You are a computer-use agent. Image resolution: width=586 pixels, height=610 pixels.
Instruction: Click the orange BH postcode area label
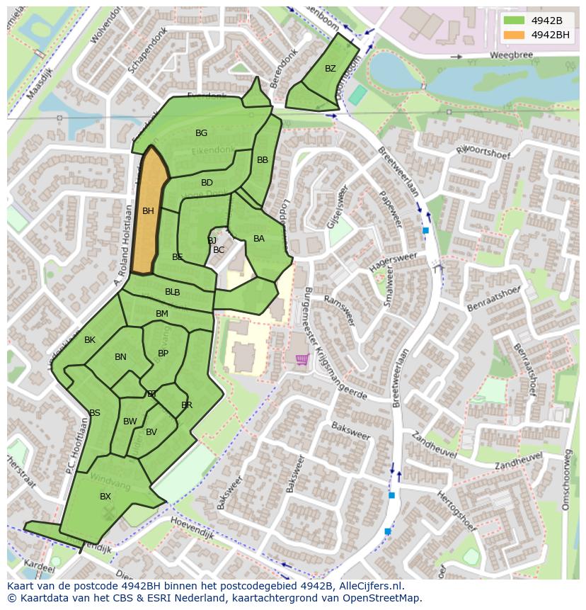click(x=148, y=211)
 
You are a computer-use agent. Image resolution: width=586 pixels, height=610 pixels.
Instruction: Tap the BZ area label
click(x=331, y=69)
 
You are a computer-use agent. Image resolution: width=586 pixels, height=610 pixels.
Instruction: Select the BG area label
click(x=202, y=133)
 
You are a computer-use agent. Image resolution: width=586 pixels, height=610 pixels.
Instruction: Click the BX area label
click(x=105, y=497)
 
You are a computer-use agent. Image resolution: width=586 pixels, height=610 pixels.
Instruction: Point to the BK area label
click(x=90, y=340)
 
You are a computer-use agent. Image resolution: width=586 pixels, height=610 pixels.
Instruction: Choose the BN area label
click(x=120, y=357)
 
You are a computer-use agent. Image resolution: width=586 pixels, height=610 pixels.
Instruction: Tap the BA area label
click(x=259, y=239)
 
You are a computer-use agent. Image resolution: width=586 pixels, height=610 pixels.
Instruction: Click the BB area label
click(x=263, y=160)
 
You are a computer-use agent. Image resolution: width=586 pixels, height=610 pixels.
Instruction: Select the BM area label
click(x=162, y=314)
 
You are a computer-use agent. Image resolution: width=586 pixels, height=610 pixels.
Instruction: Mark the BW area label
click(x=130, y=422)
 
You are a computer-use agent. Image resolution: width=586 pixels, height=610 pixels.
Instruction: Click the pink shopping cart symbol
click(x=302, y=360)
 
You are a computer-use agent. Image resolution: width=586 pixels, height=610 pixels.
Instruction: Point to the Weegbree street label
click(x=510, y=55)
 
